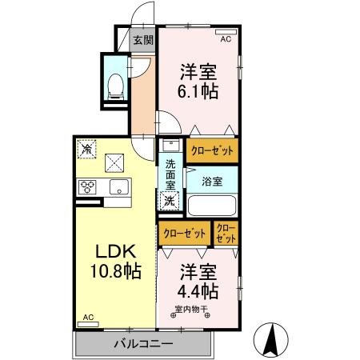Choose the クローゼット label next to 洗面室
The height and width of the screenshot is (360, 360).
[211, 150]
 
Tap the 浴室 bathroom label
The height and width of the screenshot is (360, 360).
[212, 181]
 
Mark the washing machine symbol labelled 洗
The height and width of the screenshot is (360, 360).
[170, 202]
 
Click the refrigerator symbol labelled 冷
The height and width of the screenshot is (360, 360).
[86, 150]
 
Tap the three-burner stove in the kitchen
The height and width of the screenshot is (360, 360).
[87, 188]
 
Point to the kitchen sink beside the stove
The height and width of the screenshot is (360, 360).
[118, 188]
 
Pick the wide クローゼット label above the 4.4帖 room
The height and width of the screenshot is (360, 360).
[184, 234]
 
